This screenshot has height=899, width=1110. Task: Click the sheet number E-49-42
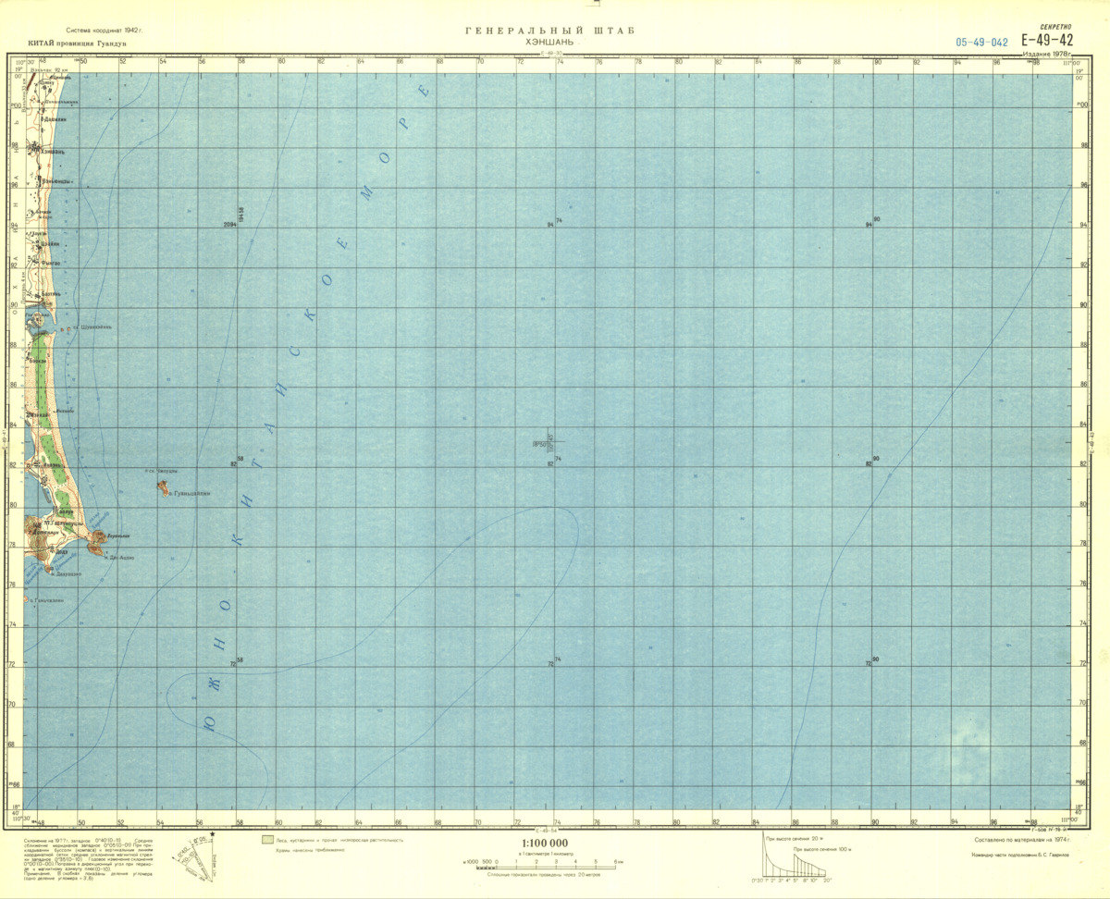1047,40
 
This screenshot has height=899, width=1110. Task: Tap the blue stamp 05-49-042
982,43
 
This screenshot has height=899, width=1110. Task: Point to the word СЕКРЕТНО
1055,28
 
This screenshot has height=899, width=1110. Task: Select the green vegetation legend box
268,840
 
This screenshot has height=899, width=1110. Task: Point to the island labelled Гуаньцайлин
163,487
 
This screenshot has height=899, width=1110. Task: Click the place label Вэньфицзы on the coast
59,180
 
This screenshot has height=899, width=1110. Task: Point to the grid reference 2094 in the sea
230,225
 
